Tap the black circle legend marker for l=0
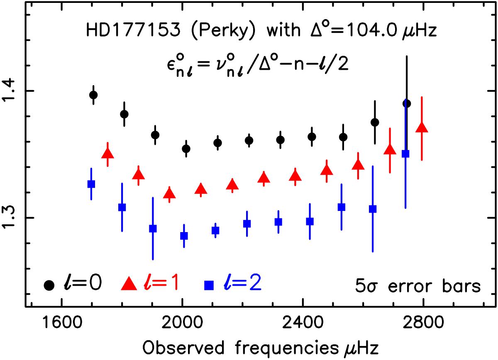pyautogui.click(x=49, y=285)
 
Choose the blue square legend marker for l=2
pyautogui.click(x=209, y=285)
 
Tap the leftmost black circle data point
pyautogui.click(x=93, y=95)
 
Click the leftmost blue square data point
pyautogui.click(x=91, y=184)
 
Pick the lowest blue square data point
pyautogui.click(x=184, y=236)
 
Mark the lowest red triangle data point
pyautogui.click(x=169, y=193)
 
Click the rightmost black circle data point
pyautogui.click(x=407, y=103)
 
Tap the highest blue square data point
pyautogui.click(x=406, y=154)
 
